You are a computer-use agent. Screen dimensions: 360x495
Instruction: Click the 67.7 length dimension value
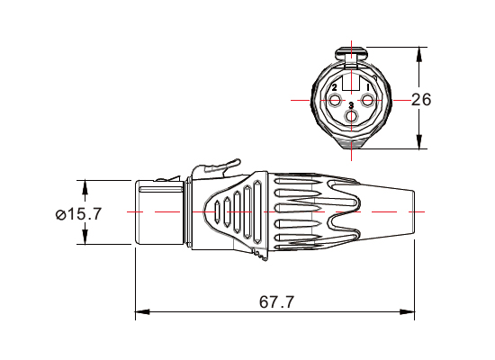pyautogui.click(x=276, y=302)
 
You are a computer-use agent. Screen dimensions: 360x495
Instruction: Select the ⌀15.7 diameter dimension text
pyautogui.click(x=78, y=214)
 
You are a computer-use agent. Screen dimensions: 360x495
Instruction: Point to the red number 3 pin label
pyautogui.click(x=351, y=106)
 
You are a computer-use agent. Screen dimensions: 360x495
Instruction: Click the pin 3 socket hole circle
pyautogui.click(x=352, y=116)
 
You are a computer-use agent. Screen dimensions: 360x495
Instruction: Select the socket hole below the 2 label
pyautogui.click(x=335, y=98)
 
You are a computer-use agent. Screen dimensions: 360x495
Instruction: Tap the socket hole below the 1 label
pyautogui.click(x=368, y=98)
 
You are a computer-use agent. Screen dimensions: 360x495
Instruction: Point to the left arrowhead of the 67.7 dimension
pyautogui.click(x=140, y=313)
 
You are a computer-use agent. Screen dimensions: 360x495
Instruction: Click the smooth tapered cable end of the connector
pyautogui.click(x=387, y=212)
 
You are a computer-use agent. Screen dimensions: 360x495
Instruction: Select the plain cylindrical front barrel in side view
pyautogui.click(x=158, y=212)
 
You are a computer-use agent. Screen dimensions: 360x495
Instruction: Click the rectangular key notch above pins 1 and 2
pyautogui.click(x=352, y=76)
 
